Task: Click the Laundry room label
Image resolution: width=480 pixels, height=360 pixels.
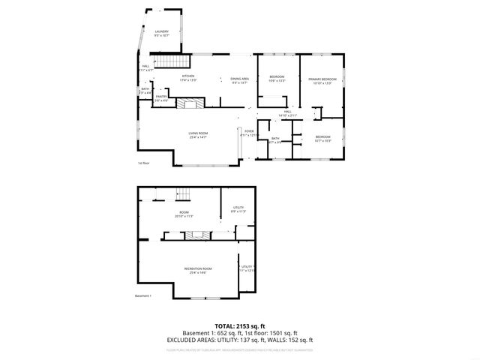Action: [161, 33]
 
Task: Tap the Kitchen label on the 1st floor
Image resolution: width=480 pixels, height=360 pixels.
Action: [189, 78]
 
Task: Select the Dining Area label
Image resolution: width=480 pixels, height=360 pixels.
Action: [239, 80]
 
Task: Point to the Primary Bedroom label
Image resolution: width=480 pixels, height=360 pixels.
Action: [322, 80]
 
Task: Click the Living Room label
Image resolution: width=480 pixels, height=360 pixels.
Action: [198, 136]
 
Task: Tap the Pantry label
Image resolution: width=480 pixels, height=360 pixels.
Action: [161, 97]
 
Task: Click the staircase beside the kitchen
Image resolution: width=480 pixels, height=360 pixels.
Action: [169, 63]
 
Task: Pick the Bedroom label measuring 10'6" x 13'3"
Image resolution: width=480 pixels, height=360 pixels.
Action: [277, 78]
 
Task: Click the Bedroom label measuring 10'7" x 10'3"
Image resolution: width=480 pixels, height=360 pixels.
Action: [322, 139]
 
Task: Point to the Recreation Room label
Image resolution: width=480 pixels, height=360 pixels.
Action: [198, 270]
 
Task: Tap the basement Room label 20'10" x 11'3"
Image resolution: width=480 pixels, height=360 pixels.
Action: [184, 214]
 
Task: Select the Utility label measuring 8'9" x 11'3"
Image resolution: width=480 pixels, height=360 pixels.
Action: [238, 209]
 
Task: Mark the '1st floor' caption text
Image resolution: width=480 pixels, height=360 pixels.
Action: [143, 163]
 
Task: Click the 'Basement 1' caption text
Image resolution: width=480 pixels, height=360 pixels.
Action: [143, 295]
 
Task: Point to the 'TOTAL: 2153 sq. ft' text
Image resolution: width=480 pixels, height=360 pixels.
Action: [240, 327]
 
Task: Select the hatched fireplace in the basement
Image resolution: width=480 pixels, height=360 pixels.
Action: [198, 235]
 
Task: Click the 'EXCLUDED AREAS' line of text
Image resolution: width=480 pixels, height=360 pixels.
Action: [240, 340]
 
